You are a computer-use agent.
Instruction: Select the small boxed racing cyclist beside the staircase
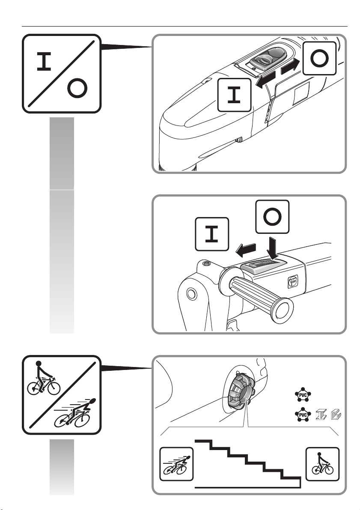176,464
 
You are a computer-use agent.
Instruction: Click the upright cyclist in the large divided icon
44,379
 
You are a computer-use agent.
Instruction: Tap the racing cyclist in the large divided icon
76,413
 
